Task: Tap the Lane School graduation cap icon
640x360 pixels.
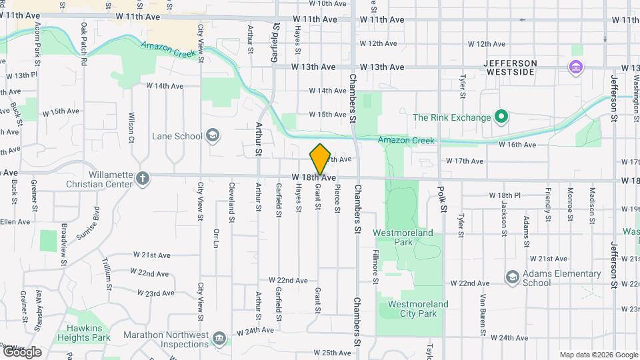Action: coord(213,136)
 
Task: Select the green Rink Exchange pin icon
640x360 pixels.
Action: coord(501,118)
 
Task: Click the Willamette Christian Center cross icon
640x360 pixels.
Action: coord(142,179)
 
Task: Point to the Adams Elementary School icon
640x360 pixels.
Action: coord(512,277)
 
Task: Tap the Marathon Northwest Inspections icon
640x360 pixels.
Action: coord(219,339)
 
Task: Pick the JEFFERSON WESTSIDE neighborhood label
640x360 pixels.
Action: coord(519,67)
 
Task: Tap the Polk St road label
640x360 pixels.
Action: coord(441,200)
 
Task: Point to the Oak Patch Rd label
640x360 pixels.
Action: coord(84,43)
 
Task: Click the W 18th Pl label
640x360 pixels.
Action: coord(504,195)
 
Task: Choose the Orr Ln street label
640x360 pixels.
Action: coord(216,238)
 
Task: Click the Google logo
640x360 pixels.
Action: coord(21,352)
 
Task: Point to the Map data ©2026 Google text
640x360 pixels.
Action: coord(599,355)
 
